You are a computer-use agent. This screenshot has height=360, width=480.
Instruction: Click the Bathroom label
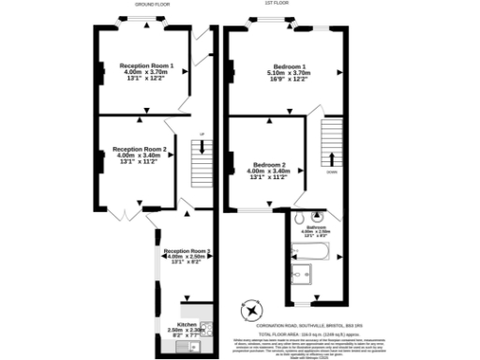pyautogui.click(x=316, y=229)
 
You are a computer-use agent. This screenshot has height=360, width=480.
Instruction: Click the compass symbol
pyautogui.click(x=252, y=309)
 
